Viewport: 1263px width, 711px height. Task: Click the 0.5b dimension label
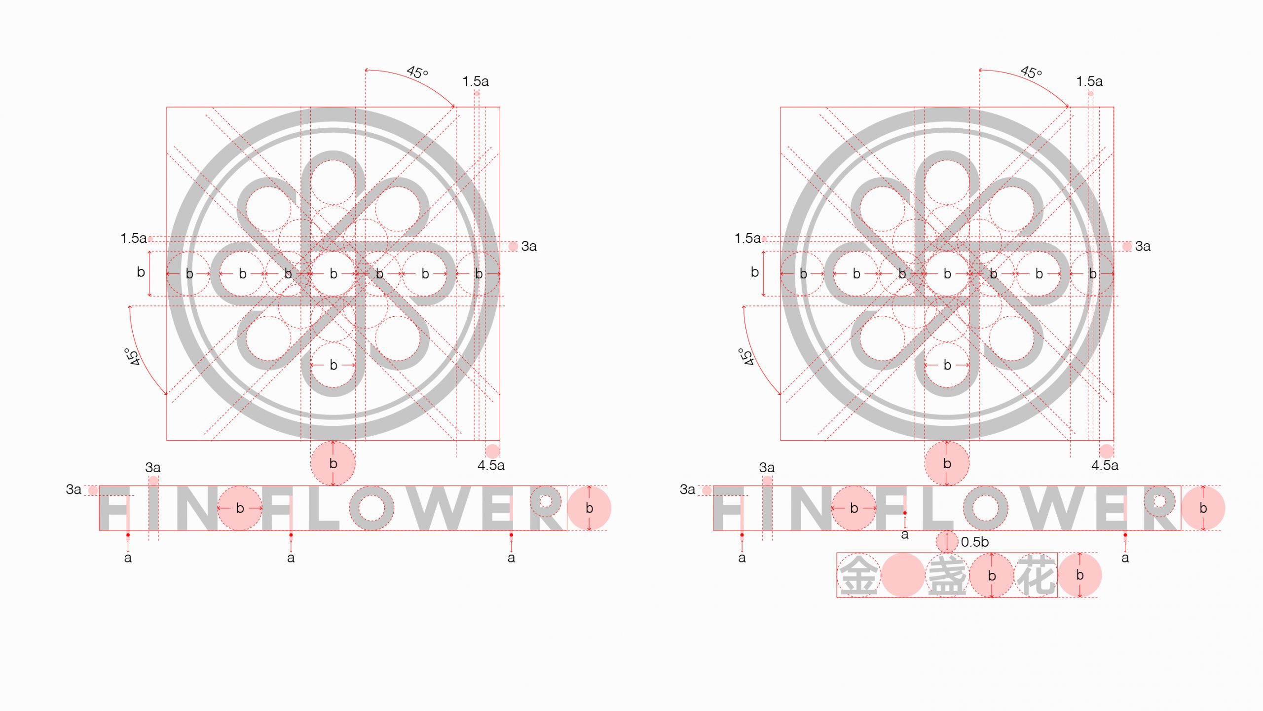coord(974,542)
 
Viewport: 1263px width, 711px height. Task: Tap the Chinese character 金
coord(858,575)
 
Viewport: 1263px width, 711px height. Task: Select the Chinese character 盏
coord(947,575)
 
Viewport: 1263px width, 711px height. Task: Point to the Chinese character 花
coord(1037,575)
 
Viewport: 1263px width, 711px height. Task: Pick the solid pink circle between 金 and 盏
coord(903,575)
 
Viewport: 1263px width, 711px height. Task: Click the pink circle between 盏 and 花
coord(992,575)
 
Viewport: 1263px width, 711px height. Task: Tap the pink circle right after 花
coord(1080,575)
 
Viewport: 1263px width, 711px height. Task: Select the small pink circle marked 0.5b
coord(947,541)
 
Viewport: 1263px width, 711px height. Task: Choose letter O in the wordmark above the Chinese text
coord(985,508)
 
